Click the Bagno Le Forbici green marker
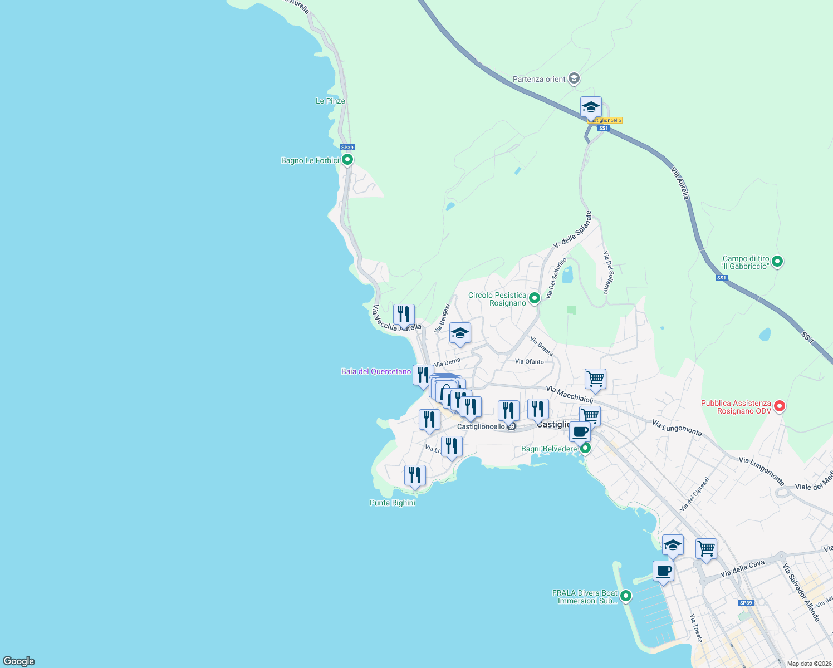(x=347, y=160)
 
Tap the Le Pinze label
(x=330, y=101)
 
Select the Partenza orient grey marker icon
(x=574, y=79)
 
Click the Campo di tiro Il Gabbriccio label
(x=746, y=262)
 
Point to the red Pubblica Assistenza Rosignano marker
(x=780, y=406)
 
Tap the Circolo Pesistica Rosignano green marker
(x=535, y=298)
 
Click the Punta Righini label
(x=393, y=503)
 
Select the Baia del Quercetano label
(x=376, y=371)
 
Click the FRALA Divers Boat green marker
(x=626, y=596)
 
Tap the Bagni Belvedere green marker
(x=585, y=448)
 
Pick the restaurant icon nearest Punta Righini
(x=415, y=475)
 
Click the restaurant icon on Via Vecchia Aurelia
(x=404, y=315)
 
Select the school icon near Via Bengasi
(x=460, y=333)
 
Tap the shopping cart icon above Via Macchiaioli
(x=595, y=379)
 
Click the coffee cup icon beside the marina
(x=663, y=571)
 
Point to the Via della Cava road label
(x=742, y=569)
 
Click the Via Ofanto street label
(x=529, y=361)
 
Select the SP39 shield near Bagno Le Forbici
(x=347, y=148)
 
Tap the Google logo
(x=19, y=661)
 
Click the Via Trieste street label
(x=696, y=628)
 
